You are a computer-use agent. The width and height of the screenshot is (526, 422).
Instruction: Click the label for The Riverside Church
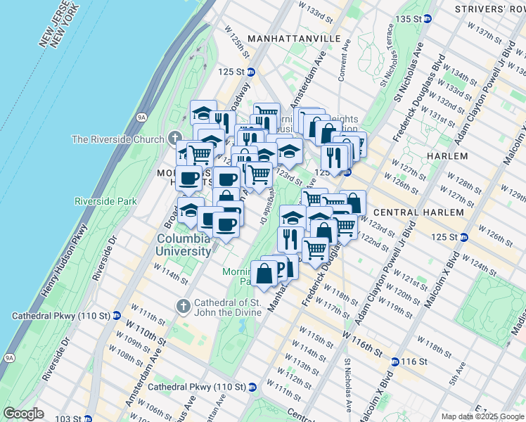coord(117,139)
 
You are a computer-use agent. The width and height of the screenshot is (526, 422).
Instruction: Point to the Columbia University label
coord(182,244)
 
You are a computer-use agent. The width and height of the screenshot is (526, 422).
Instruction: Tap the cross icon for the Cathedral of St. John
coord(183,305)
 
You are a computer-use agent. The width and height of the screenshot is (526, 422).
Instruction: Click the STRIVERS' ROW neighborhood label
coord(489,9)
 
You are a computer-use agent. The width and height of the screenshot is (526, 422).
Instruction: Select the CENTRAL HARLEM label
coord(418,212)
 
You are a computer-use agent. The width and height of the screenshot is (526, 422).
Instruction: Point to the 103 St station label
coord(68,418)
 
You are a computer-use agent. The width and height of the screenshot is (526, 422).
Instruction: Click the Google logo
coord(23,414)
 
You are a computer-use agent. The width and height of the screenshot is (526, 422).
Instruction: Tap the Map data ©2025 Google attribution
coord(482,416)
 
